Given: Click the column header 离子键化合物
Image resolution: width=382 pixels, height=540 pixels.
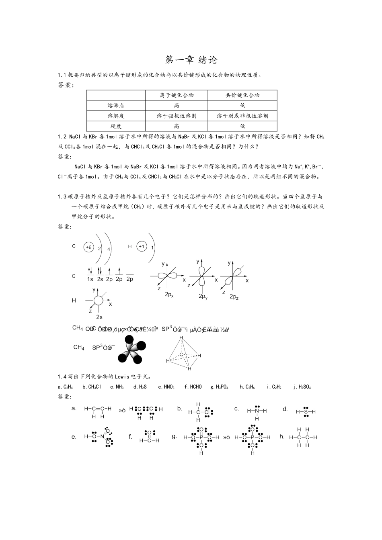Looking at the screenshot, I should coord(177,95).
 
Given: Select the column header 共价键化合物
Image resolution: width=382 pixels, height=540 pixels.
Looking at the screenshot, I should coord(242,95).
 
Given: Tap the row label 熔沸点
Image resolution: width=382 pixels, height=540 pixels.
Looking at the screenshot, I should coord(116,106).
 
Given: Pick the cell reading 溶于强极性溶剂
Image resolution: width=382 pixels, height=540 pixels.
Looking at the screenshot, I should coord(177,116).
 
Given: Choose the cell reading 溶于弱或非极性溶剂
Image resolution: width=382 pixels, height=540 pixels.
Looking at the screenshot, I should coord(242,116).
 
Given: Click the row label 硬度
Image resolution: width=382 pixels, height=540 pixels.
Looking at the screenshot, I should coord(116,126).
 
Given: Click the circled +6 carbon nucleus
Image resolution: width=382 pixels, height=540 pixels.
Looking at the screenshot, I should coord(89,247).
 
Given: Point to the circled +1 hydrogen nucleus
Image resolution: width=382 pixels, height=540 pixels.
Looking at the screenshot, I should coord(142,247).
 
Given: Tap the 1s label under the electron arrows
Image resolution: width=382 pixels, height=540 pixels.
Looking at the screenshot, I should coord(90,279).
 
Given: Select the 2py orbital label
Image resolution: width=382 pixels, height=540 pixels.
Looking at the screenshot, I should coord(203,297).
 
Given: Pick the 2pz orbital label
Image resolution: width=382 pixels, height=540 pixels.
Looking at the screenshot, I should coord(234,297).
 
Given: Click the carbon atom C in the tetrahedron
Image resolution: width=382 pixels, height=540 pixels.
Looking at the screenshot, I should coord(181,354).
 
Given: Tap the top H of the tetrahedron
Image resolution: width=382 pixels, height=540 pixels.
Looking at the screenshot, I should coord(181,338).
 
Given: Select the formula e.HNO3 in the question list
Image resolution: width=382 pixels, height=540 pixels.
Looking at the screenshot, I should coord(166,387).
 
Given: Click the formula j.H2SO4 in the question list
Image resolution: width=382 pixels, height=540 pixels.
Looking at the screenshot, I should coord(302,387).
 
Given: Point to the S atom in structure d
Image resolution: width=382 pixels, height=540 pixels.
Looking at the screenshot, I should coord(306,411).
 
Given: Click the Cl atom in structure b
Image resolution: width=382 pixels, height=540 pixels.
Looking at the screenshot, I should coord(207,412).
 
